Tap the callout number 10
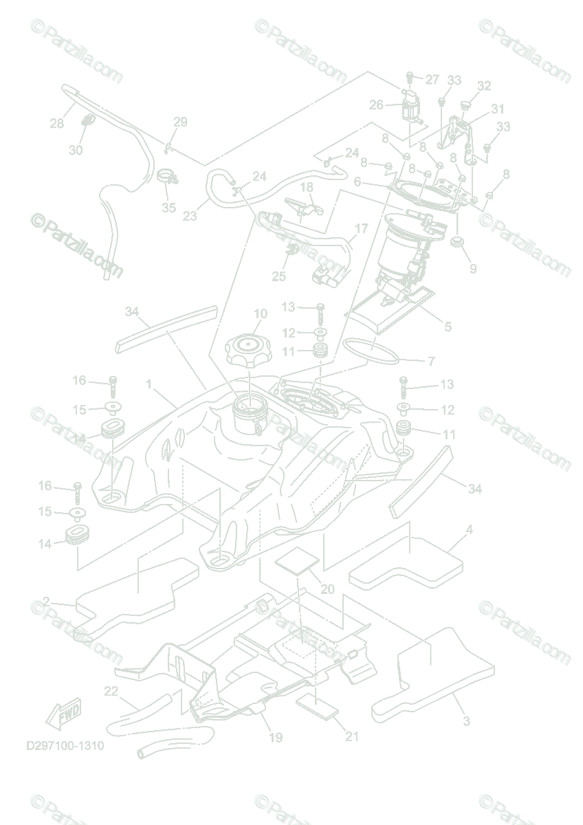(260, 314)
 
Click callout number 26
(376, 105)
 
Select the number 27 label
(431, 80)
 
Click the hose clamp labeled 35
(168, 177)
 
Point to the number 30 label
(76, 150)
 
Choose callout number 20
(327, 589)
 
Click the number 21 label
(352, 737)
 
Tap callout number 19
(275, 738)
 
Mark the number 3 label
(466, 721)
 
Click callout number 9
(473, 269)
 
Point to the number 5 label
(448, 327)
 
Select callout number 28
(56, 124)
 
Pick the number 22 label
(111, 690)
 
